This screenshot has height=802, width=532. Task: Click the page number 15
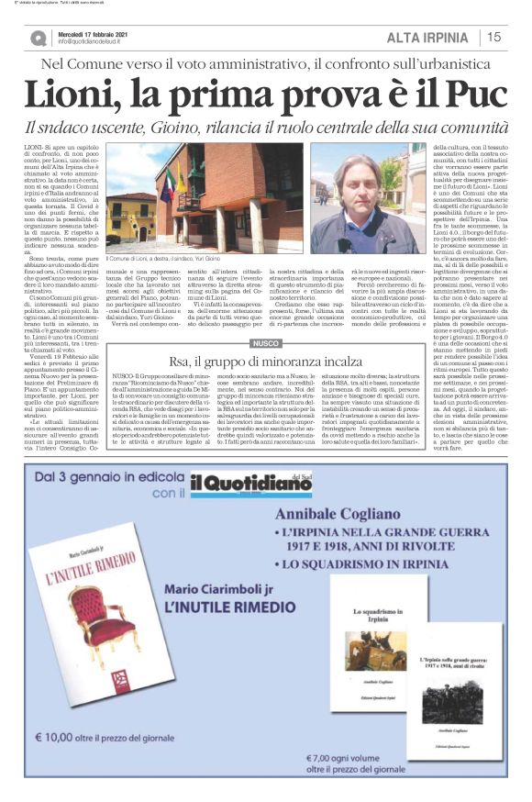pos(493,37)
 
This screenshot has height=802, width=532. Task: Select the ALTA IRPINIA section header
pos(427,37)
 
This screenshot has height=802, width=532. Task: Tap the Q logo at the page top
pos(39,38)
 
